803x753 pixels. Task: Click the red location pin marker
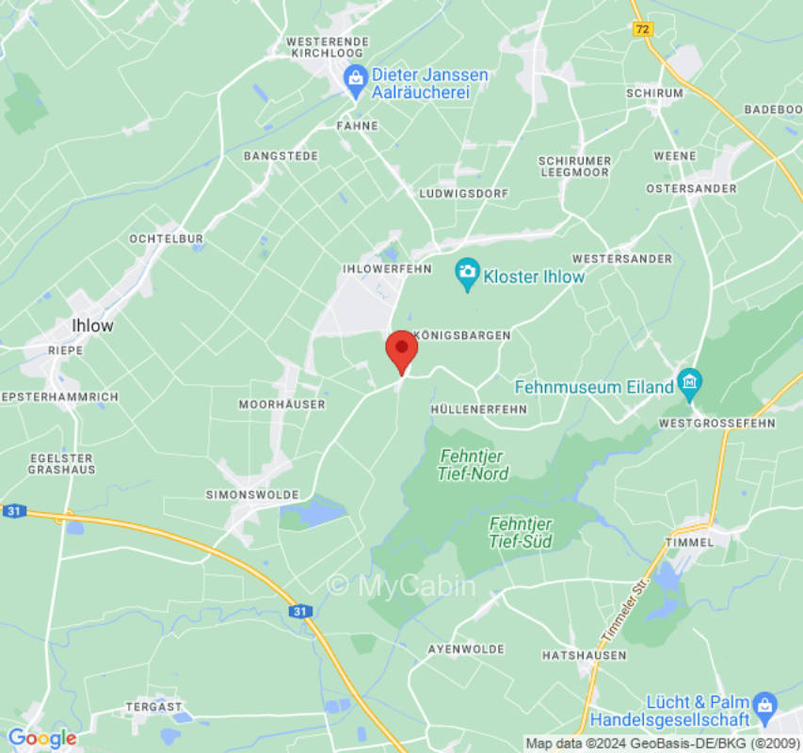(402, 350)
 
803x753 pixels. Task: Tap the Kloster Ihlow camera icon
(466, 276)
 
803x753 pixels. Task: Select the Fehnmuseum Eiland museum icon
(690, 385)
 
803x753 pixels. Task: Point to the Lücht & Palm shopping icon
(764, 704)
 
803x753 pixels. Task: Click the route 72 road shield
(642, 29)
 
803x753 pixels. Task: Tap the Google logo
(41, 738)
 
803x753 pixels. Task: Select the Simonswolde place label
(252, 494)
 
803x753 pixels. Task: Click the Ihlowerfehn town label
(387, 268)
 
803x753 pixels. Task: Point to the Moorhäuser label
(282, 404)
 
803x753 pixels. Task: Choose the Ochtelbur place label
(167, 239)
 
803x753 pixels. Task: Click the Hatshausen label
(584, 655)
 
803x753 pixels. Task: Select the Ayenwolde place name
(466, 649)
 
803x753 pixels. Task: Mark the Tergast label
(153, 706)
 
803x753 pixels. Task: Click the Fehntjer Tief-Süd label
(521, 532)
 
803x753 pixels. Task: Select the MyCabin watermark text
(402, 585)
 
